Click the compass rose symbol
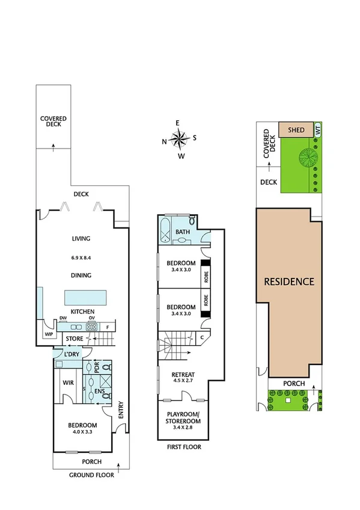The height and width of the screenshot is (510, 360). pyautogui.click(x=178, y=140)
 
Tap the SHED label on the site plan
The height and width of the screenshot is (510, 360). pyautogui.click(x=296, y=129)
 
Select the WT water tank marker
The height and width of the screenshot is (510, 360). pyautogui.click(x=318, y=129)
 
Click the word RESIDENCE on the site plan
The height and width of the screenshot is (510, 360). pyautogui.click(x=289, y=281)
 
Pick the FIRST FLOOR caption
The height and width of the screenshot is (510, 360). pyautogui.click(x=185, y=447)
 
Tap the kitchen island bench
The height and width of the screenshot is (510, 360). pyautogui.click(x=86, y=298)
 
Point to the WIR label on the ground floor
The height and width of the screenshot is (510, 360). pyautogui.click(x=68, y=382)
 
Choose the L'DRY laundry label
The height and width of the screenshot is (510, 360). pyautogui.click(x=72, y=355)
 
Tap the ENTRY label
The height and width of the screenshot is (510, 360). pyautogui.click(x=121, y=410)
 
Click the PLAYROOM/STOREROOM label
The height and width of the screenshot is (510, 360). pyautogui.click(x=184, y=417)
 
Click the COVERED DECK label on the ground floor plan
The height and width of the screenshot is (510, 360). pyautogui.click(x=53, y=123)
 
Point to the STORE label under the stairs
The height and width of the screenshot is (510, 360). pyautogui.click(x=75, y=339)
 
